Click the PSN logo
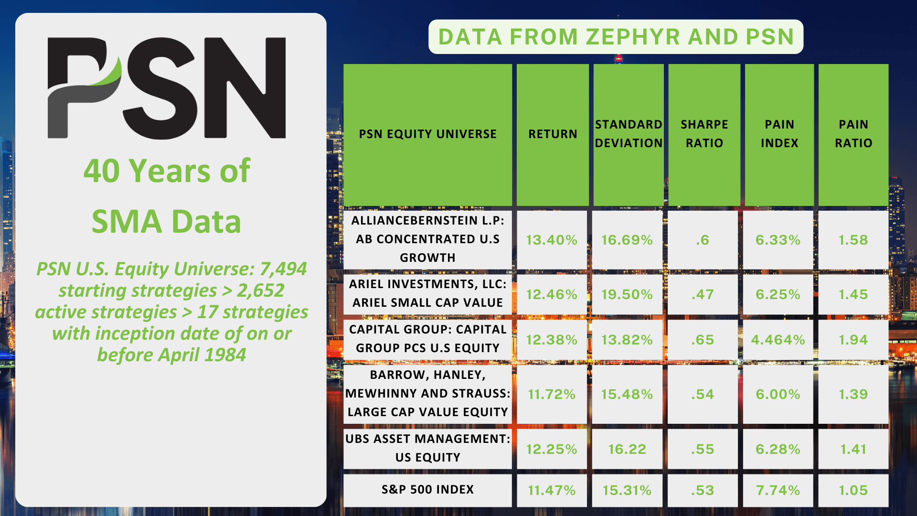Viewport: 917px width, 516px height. coord(167,88)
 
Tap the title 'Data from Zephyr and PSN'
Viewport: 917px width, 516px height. coord(616,37)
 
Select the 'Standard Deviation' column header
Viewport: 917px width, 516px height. coord(629,134)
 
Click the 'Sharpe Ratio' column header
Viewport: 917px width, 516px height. coord(704,134)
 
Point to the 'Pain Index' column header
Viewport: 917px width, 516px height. coord(779,134)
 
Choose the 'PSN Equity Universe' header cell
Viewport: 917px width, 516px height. coord(428,134)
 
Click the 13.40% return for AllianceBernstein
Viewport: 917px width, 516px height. coord(552,240)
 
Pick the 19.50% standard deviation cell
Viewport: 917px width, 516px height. coord(627,294)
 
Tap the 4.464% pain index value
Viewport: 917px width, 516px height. coord(778,340)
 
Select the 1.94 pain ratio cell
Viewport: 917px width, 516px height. coord(853,340)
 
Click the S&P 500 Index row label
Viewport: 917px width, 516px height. coord(428,490)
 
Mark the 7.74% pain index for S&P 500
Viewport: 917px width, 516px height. coord(778,490)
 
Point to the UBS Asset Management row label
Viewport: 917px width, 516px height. coord(428,448)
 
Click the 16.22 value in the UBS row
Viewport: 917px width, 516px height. coord(627,449)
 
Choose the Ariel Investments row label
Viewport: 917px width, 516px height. coord(428,293)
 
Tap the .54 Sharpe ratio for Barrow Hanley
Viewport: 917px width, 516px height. coord(703,394)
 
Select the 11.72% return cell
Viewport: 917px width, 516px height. coord(552,394)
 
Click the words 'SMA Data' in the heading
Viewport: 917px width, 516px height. coord(166,222)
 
